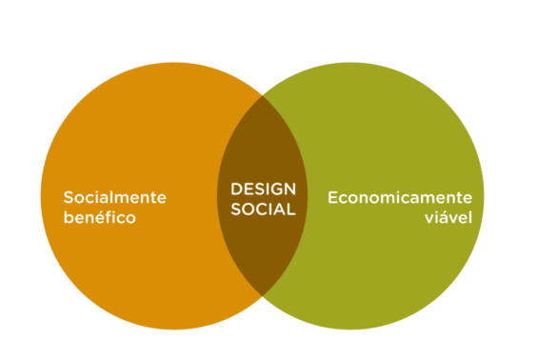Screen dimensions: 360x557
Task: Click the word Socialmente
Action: (114, 197)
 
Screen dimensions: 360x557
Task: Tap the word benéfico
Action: (99, 217)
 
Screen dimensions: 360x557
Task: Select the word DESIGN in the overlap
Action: (263, 189)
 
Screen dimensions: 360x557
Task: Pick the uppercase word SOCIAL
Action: (263, 209)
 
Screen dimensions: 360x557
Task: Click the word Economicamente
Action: (400, 197)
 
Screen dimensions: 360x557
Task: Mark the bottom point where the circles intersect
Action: (263, 295)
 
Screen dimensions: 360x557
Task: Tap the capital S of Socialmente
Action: (69, 197)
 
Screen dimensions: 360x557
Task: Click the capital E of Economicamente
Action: (332, 197)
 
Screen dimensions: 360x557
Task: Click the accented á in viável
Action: (446, 217)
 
